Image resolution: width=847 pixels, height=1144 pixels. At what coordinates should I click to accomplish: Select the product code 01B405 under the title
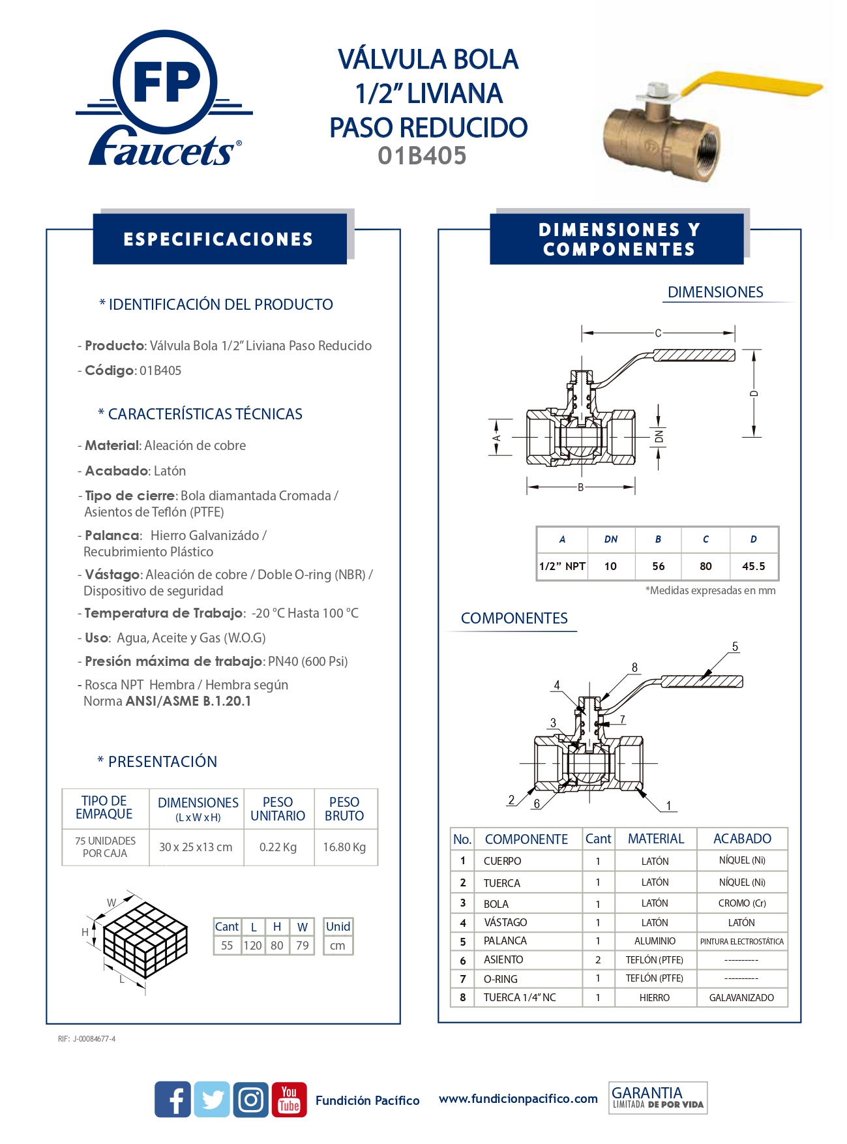pos(422,156)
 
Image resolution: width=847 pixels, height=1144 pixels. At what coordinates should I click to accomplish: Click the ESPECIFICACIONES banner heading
pos(218,239)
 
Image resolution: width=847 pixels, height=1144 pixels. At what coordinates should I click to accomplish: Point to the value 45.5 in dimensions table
pos(753,566)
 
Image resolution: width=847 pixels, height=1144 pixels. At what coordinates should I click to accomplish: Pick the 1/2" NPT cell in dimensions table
pos(562,566)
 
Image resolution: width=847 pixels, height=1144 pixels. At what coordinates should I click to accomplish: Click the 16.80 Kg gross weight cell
pos(344,847)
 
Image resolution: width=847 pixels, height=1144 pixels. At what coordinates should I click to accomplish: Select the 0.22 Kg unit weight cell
pos(278,847)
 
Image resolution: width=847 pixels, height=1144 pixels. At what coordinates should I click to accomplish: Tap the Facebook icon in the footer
pos(173,1100)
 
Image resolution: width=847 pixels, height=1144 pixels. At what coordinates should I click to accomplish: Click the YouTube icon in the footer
pos(289,1100)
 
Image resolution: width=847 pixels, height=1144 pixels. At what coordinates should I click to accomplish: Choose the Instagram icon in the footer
pos(250,1100)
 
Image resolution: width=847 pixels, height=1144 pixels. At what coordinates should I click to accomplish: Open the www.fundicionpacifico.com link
pos(518,1099)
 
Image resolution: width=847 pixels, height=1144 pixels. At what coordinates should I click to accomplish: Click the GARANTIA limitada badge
pos(658,1098)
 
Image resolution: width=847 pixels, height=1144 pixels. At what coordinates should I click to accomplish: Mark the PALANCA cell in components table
pos(505,941)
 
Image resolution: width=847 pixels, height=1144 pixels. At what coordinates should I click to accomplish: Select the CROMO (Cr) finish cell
pos(742,903)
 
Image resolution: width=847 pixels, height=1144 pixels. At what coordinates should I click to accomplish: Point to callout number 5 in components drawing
pos(735,647)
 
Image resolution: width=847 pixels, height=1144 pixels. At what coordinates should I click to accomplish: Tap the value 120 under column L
pos(252,946)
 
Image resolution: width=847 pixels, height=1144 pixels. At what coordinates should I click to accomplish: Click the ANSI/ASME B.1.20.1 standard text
pos(188,701)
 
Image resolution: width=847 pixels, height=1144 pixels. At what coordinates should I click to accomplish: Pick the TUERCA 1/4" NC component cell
pos(520,997)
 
